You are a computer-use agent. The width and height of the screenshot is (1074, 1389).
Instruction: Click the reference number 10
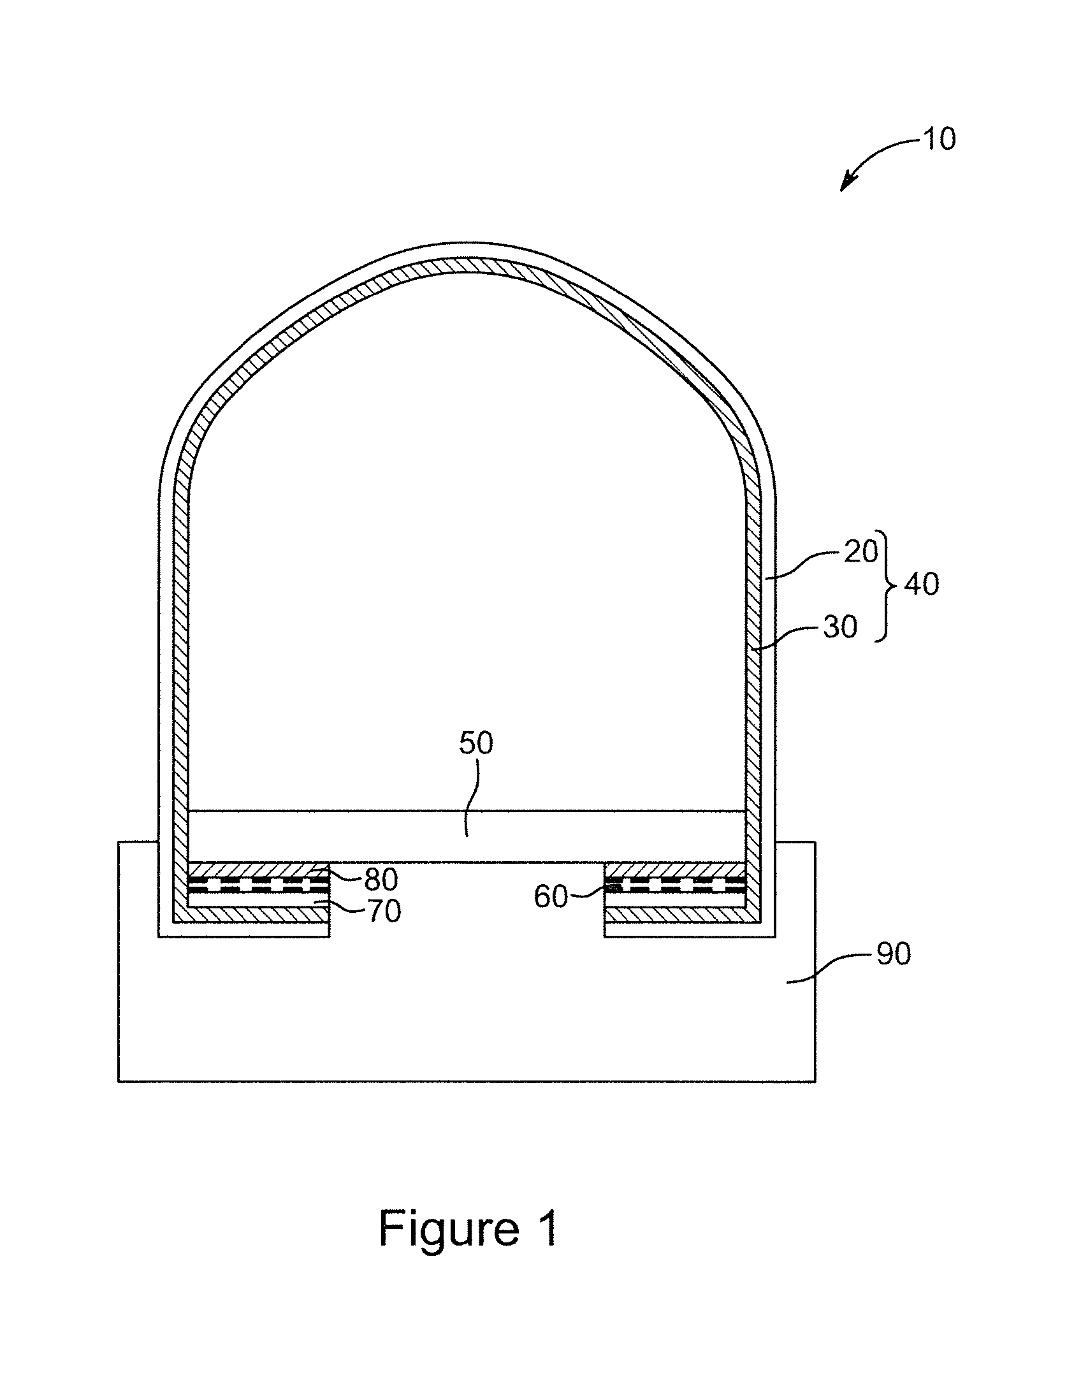pos(939,139)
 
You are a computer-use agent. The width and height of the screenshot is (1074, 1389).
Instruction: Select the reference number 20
pos(861,551)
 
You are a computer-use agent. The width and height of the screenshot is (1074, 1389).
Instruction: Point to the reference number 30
pos(840,627)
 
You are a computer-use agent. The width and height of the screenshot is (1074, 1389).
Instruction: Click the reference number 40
pos(922,584)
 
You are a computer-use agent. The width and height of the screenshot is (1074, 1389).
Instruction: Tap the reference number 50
pos(476,743)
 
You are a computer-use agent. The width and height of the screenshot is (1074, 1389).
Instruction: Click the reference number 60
pos(551,897)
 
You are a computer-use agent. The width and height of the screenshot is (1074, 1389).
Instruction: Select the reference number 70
pos(383,912)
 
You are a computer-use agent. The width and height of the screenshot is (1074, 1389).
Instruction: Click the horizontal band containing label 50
pos(468,836)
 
